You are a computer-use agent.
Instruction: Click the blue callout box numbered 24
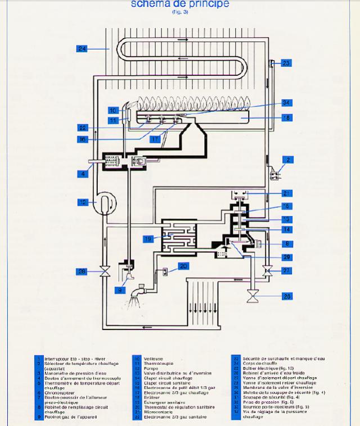(x=82, y=49)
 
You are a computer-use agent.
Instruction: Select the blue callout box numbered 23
(x=286, y=63)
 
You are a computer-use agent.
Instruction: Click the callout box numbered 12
(x=82, y=202)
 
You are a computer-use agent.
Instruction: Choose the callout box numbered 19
(x=147, y=239)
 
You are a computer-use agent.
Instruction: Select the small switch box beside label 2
(x=275, y=175)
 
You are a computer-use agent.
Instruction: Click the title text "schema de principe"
(x=179, y=4)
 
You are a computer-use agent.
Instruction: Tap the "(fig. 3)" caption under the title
(x=179, y=12)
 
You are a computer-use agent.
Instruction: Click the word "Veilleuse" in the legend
(x=153, y=358)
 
